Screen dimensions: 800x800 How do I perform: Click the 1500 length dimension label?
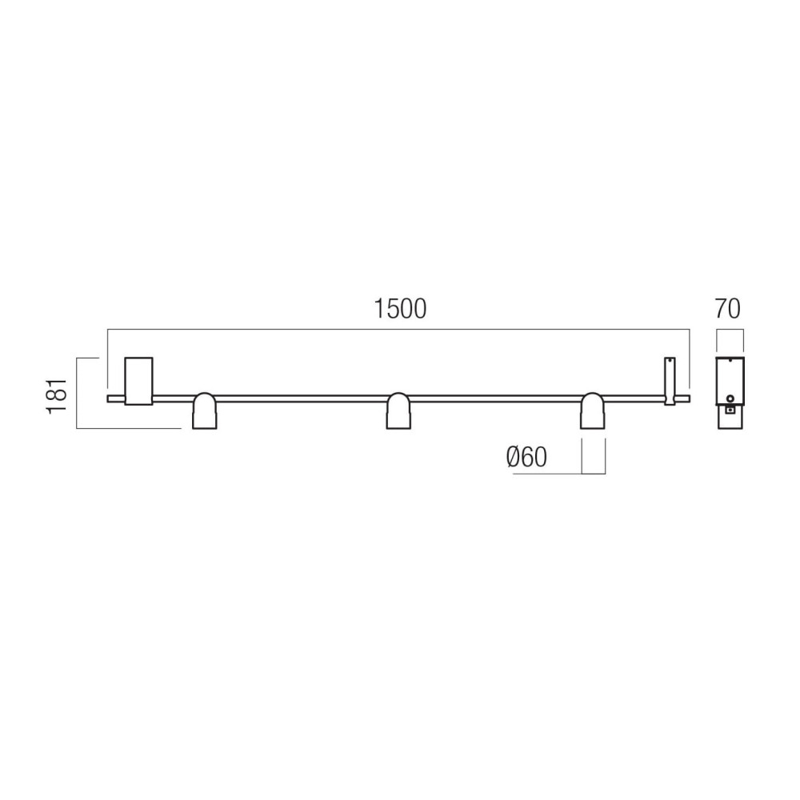click(401, 309)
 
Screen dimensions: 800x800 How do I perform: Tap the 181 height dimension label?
click(57, 396)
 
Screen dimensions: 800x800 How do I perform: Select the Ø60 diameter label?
click(526, 457)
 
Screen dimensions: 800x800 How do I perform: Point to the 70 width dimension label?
click(727, 309)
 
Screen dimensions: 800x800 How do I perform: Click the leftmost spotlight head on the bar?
click(204, 410)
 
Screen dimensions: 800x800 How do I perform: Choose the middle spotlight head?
click(398, 410)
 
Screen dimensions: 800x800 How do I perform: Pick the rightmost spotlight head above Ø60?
click(593, 410)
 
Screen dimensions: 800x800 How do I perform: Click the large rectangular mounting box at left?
click(138, 381)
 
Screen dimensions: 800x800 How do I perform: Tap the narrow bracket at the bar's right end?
click(670, 382)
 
